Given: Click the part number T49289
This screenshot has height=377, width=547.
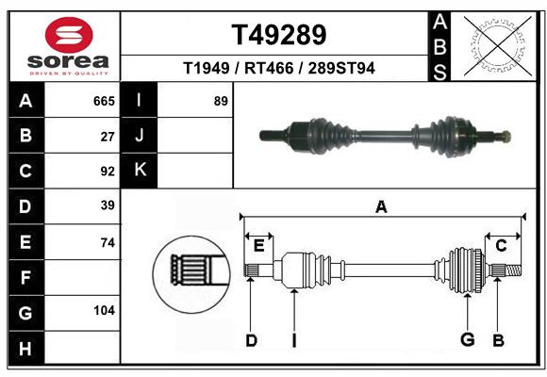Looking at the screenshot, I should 279,35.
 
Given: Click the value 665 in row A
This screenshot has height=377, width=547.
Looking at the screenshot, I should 104,101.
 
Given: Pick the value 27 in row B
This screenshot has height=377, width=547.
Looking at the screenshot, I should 108,136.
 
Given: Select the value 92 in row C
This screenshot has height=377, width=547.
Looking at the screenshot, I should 108,172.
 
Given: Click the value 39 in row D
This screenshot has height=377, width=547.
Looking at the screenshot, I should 108,205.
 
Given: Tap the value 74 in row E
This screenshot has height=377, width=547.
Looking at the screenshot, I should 108,242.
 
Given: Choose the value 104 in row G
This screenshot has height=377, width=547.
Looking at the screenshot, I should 104,310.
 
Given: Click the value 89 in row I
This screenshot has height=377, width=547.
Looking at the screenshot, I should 221,101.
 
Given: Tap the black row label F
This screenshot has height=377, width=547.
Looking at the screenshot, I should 25,277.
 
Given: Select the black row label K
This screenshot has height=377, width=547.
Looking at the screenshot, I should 140,171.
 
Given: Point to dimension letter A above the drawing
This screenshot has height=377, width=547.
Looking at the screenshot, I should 381,206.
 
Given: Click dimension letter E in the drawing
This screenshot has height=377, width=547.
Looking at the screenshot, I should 258,246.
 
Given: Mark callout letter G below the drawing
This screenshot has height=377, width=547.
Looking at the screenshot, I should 466,340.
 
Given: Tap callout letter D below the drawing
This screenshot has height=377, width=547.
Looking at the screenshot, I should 251,340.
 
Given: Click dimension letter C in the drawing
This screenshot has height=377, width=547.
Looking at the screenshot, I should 502,246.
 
